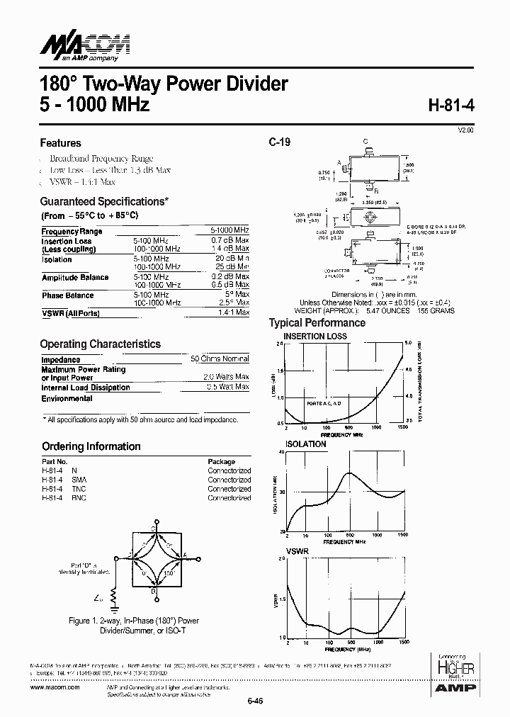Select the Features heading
pyautogui.click(x=60, y=143)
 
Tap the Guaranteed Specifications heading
pyautogui.click(x=104, y=201)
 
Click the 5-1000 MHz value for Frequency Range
pyautogui.click(x=229, y=231)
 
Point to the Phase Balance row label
pyautogui.click(x=67, y=295)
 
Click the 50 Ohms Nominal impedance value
pyautogui.click(x=220, y=360)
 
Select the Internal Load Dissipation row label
pyautogui.click(x=85, y=388)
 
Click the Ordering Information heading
pyautogui.click(x=91, y=446)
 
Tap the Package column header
pyautogui.click(x=221, y=461)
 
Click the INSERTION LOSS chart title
pyautogui.click(x=314, y=336)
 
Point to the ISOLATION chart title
pyautogui.click(x=305, y=444)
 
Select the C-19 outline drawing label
pyautogui.click(x=279, y=142)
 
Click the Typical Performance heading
pyautogui.click(x=317, y=323)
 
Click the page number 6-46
pyautogui.click(x=255, y=701)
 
